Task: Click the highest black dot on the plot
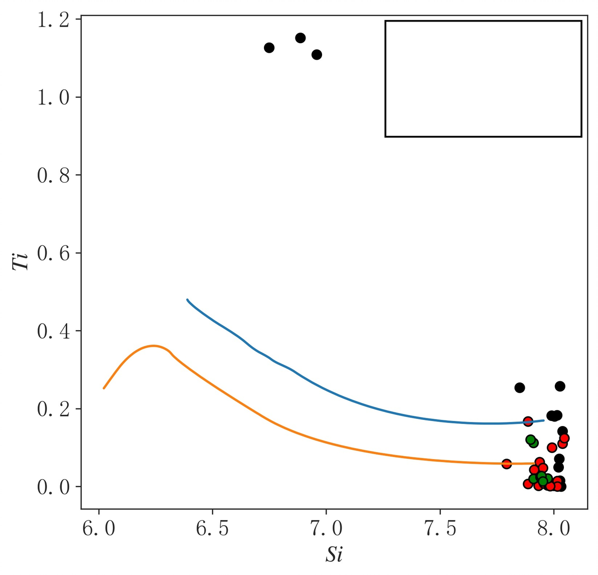[x=301, y=38]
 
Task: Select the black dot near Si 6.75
[x=269, y=48]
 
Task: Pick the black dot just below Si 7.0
[x=317, y=55]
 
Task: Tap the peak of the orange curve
[x=153, y=346]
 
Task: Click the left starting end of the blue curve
[x=188, y=300]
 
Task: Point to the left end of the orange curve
[x=104, y=388]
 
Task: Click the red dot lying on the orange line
[x=507, y=464]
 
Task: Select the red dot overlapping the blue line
[x=528, y=421]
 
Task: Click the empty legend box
[x=483, y=79]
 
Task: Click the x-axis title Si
[x=334, y=554]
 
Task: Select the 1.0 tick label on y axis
[x=53, y=97]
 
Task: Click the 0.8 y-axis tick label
[x=53, y=175]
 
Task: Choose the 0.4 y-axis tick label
[x=53, y=331]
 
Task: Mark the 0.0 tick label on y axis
[x=53, y=487]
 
